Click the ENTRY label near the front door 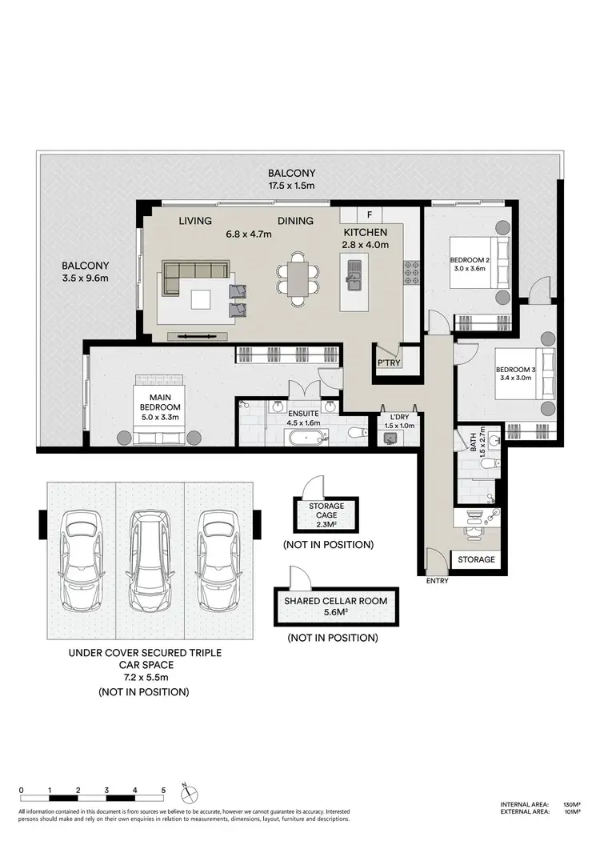click(437, 581)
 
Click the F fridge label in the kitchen click(369, 214)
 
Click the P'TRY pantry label click(389, 363)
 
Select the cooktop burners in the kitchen click(413, 273)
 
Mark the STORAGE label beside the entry click(475, 559)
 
